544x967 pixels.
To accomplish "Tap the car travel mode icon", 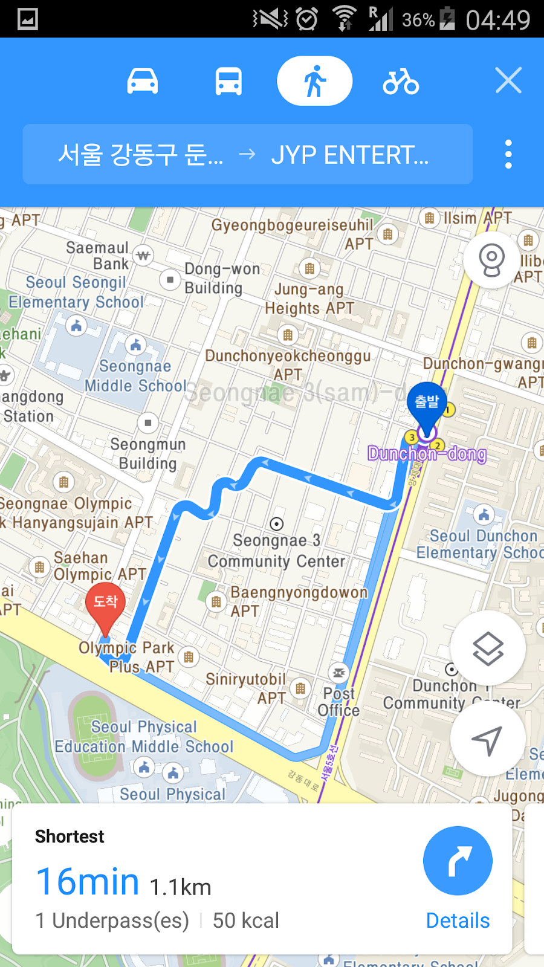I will click(143, 81).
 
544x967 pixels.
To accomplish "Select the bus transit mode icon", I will click(228, 81).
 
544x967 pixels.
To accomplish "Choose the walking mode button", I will click(314, 81).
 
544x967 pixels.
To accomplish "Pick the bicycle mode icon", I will click(400, 81).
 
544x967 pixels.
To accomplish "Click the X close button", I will click(508, 80).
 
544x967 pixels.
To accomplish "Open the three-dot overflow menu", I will click(508, 154).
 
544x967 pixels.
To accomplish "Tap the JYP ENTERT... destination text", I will click(349, 155).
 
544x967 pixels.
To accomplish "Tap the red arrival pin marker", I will click(105, 604).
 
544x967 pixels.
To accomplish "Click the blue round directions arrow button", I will click(458, 861).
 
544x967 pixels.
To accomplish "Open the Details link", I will click(458, 920).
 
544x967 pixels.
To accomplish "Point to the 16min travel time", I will click(88, 882).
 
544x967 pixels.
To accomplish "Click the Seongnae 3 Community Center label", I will click(276, 551).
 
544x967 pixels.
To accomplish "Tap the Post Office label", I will click(339, 702).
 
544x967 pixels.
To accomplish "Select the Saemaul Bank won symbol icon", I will click(143, 256).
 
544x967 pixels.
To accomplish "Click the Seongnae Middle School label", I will click(135, 376).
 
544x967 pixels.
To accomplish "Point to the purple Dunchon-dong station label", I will click(427, 454).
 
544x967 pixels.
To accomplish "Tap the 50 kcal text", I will click(245, 920).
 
